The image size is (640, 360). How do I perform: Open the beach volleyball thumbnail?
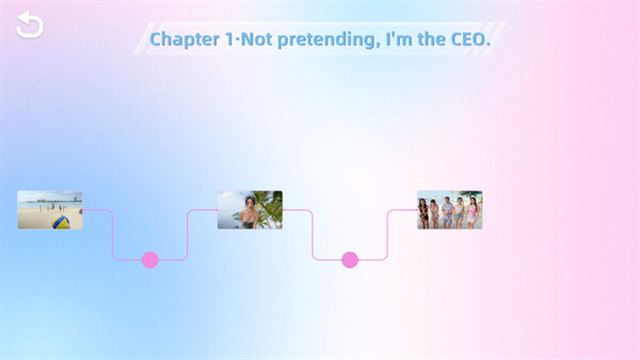coord(49,210)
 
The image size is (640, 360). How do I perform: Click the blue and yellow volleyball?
coord(62,221)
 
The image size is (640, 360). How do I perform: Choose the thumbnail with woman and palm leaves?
coord(249,210)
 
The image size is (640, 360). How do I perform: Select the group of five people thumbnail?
coord(449,210)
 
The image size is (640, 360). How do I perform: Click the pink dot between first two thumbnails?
coord(150,260)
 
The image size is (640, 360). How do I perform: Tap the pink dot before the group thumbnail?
coord(349,260)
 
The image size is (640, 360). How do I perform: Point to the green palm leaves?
coord(268,207)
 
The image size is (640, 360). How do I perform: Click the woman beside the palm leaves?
coord(243,213)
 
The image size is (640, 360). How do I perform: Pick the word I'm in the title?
coord(399,39)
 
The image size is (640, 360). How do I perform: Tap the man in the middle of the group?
coord(448,212)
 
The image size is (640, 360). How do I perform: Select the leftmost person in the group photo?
coord(424,213)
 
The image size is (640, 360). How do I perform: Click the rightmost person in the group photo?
coord(472,213)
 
